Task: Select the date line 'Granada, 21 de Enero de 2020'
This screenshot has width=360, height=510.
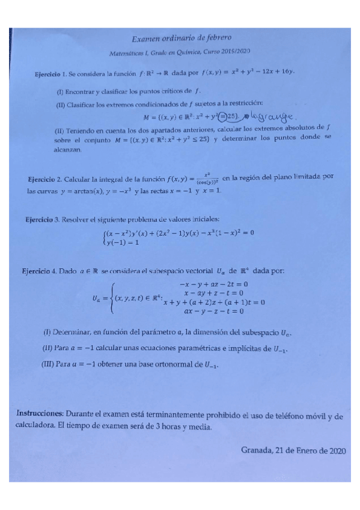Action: click(293, 449)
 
